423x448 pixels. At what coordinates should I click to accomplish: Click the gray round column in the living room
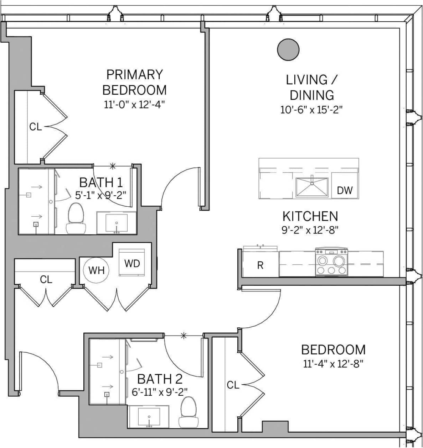(288, 50)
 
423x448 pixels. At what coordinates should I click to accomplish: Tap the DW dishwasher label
(345, 190)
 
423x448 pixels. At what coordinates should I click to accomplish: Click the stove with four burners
(332, 262)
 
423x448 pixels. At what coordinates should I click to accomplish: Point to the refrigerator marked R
(260, 265)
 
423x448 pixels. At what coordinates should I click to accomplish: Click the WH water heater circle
(96, 270)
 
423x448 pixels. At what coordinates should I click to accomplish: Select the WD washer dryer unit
(132, 263)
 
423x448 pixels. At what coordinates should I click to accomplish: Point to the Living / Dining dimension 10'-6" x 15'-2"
(311, 110)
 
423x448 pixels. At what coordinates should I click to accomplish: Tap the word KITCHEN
(310, 216)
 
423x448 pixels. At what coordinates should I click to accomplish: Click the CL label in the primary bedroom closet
(35, 127)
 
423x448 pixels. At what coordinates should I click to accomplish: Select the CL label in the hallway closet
(46, 280)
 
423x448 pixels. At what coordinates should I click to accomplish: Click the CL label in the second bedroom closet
(233, 385)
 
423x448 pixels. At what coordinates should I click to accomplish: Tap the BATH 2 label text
(160, 378)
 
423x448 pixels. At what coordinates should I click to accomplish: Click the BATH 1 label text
(101, 183)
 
